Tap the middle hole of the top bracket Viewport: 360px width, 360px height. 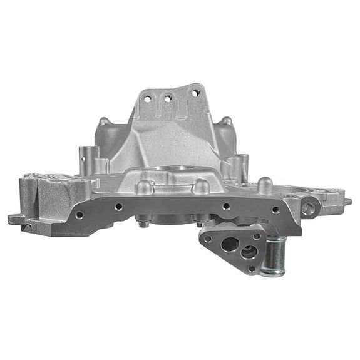(168, 96)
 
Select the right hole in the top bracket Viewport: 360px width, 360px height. (195, 93)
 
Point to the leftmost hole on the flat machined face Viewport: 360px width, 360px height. (80, 215)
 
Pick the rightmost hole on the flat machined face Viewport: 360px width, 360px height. (276, 210)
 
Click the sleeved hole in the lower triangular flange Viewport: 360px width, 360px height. (249, 253)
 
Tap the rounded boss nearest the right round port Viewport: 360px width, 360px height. (265, 185)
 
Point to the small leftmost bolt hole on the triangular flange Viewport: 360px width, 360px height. (208, 239)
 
